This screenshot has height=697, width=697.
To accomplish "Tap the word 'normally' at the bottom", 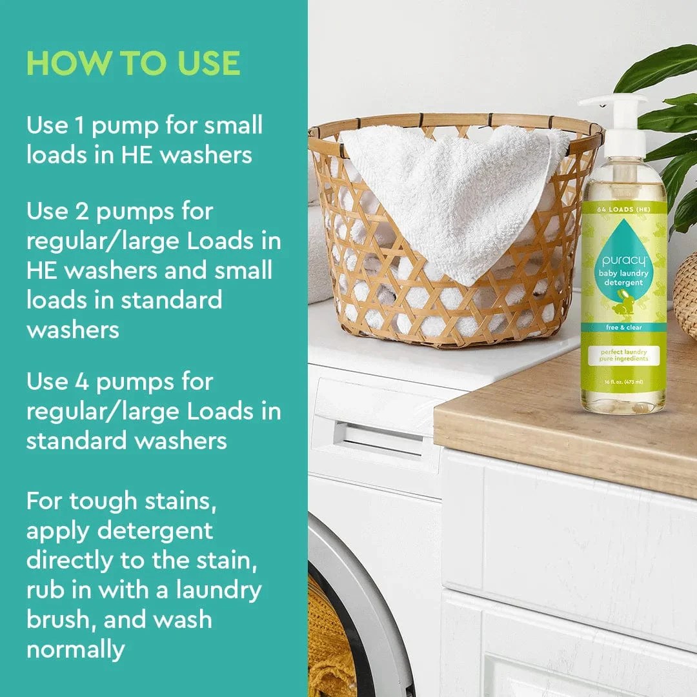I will (76, 649).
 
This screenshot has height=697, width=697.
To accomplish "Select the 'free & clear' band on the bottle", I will (623, 327).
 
